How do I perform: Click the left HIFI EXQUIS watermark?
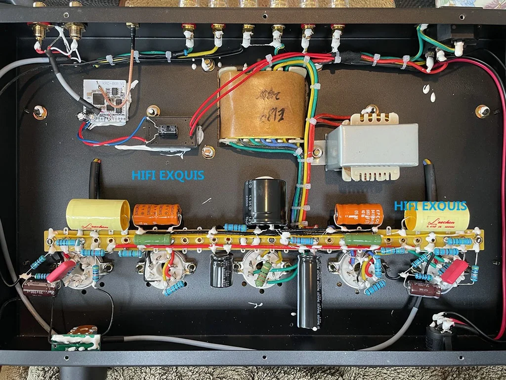point(168,175)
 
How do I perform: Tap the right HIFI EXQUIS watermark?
point(430,205)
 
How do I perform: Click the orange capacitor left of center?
point(157,216)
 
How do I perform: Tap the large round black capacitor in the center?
point(265,202)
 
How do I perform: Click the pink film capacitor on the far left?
point(61,271)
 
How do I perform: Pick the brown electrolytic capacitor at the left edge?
point(41,287)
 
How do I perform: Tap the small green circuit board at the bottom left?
point(76,341)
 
